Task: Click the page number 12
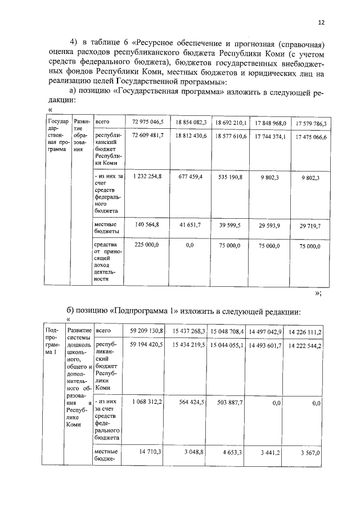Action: (x=321, y=22)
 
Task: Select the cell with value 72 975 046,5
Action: (x=147, y=122)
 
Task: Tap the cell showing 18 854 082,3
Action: (x=191, y=122)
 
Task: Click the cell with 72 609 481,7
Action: (x=147, y=136)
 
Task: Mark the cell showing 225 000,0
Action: (x=147, y=245)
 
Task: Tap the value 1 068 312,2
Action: (x=147, y=402)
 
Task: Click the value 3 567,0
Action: (x=310, y=452)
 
